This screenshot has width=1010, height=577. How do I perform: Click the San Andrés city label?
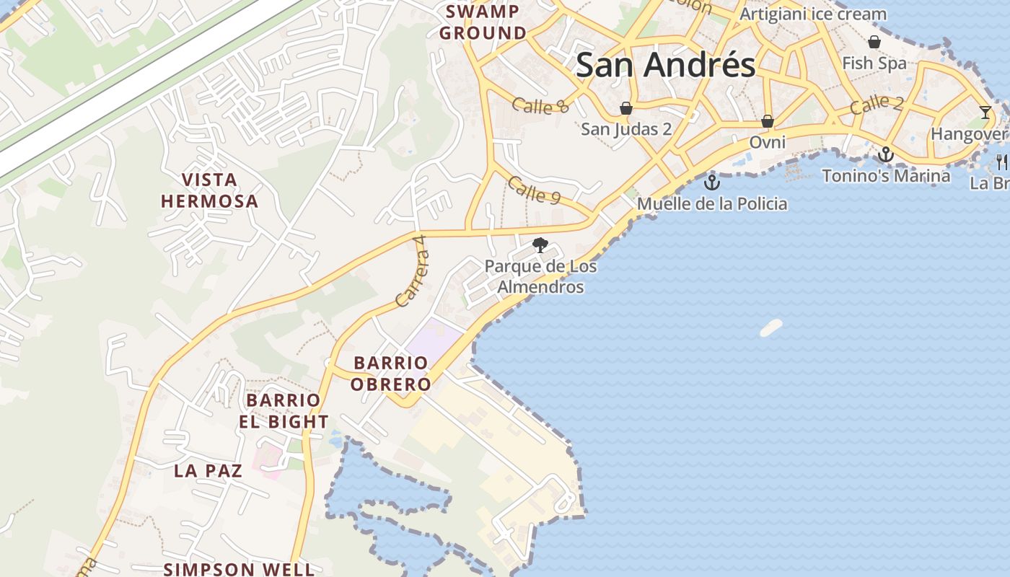(x=665, y=65)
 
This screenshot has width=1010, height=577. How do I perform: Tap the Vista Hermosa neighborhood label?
(x=209, y=190)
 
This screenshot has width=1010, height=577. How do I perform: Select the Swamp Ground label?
(x=483, y=22)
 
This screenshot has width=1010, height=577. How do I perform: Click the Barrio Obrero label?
(x=390, y=374)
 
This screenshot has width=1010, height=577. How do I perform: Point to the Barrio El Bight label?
(x=284, y=411)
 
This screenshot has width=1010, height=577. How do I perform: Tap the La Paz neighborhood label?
(x=208, y=471)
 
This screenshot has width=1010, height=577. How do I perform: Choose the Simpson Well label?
(x=238, y=569)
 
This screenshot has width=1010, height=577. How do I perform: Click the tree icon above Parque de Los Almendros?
(x=540, y=246)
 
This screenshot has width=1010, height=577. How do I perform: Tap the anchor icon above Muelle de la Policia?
(x=712, y=182)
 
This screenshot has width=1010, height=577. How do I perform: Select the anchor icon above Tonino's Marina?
(x=886, y=154)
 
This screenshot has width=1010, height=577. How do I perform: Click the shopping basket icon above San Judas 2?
(x=626, y=109)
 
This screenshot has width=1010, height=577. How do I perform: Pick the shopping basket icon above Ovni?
(x=768, y=120)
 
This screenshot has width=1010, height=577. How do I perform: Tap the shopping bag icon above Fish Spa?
(x=874, y=42)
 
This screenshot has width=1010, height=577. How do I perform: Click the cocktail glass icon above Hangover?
(x=985, y=112)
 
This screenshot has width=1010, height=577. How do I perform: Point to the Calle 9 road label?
(x=534, y=190)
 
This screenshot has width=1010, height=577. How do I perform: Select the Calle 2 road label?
(x=876, y=105)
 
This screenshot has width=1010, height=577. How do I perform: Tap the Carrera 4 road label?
(x=412, y=278)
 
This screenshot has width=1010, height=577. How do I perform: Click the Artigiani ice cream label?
(x=813, y=14)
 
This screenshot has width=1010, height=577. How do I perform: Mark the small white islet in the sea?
(x=770, y=328)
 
